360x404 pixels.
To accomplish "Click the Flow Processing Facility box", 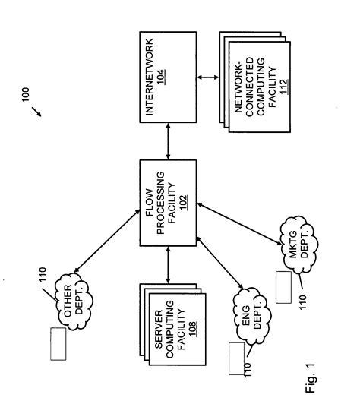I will click(x=167, y=202).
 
